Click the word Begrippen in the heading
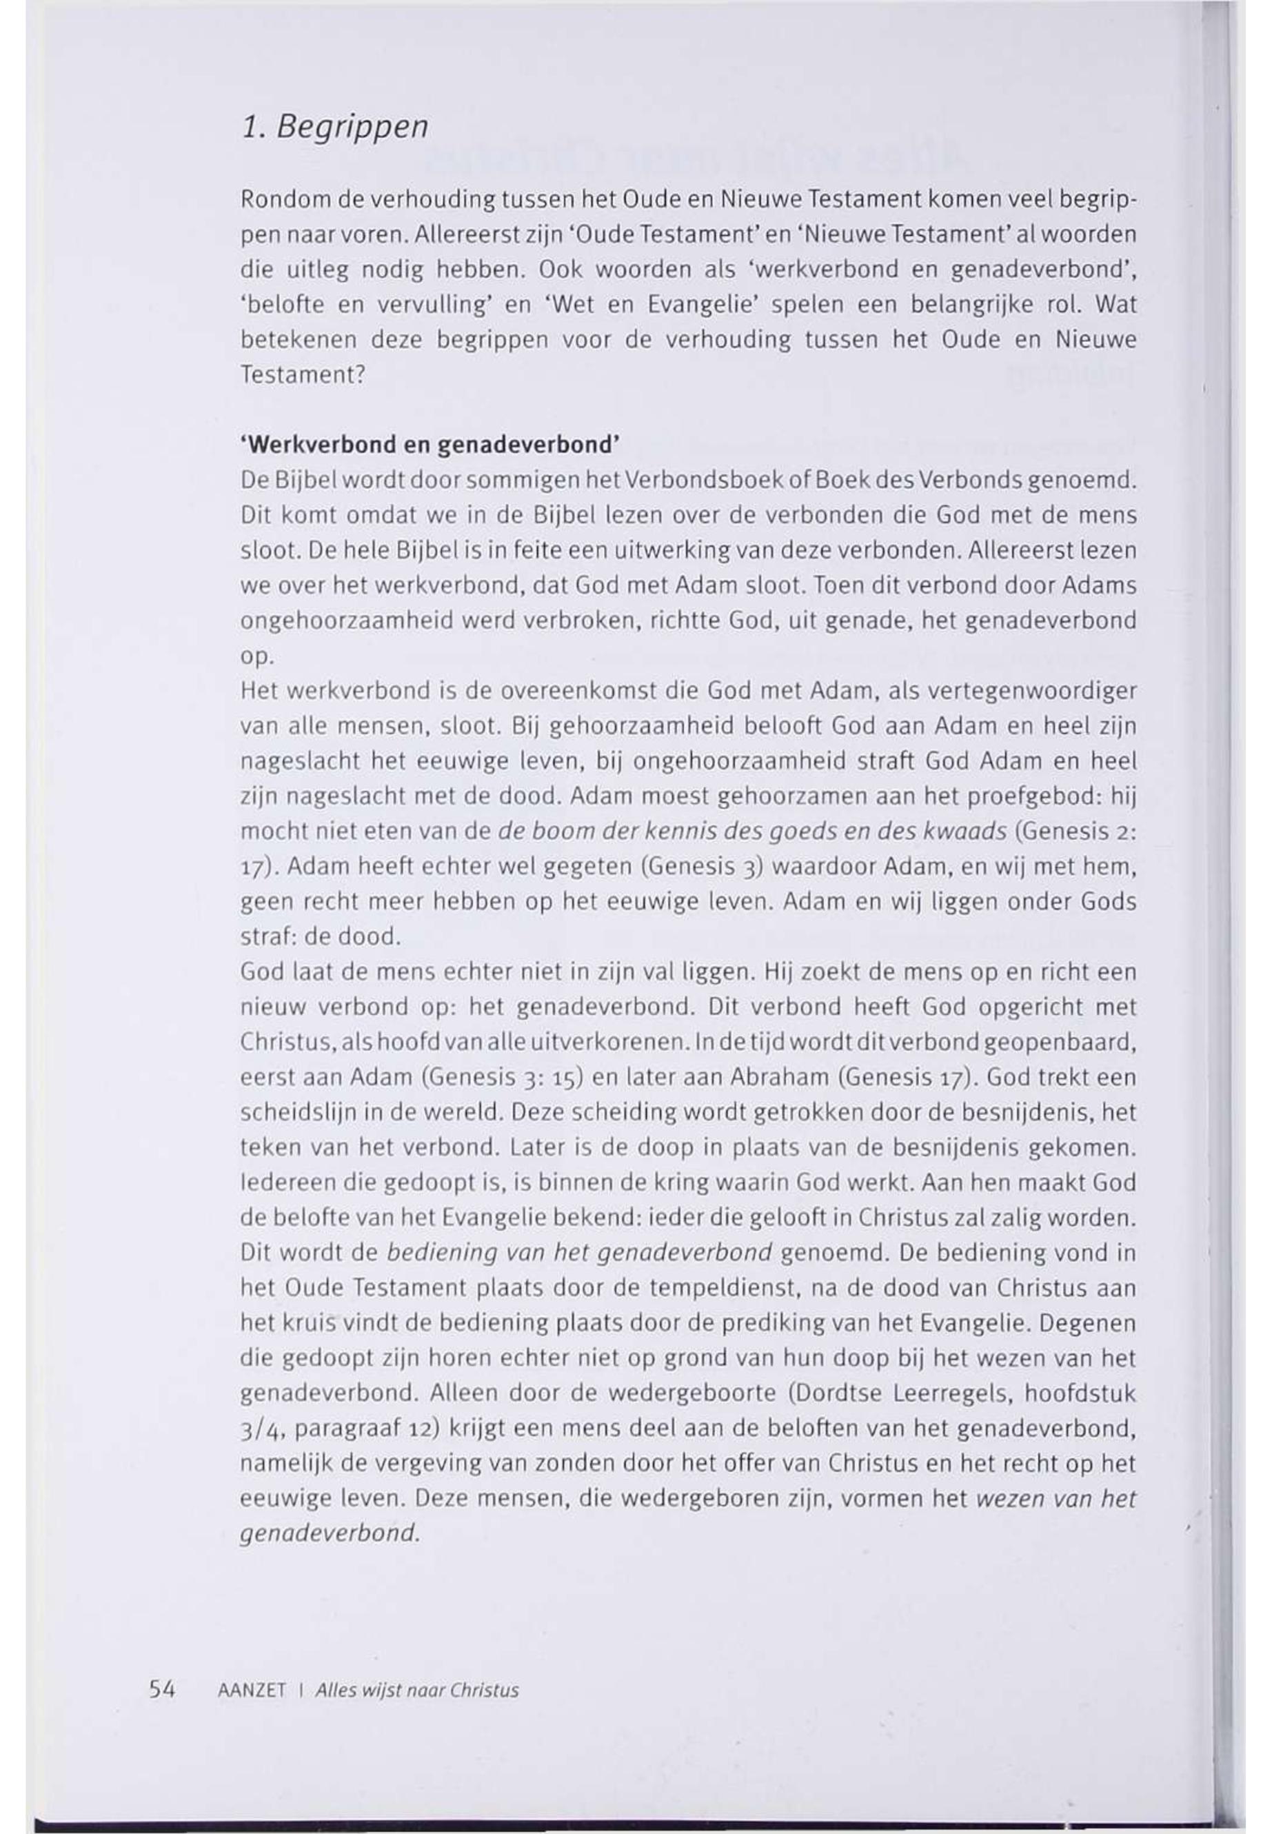pos(352,128)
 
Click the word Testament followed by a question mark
pos(301,374)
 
